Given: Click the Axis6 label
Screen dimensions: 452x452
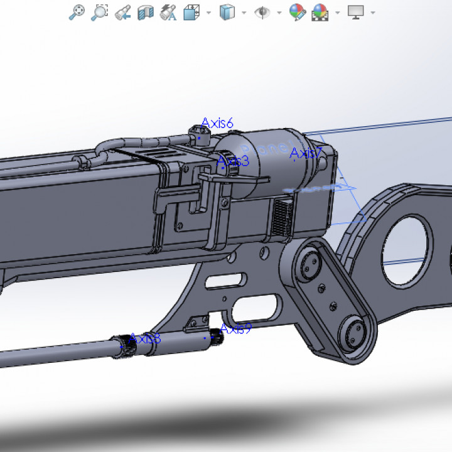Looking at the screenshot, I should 217,124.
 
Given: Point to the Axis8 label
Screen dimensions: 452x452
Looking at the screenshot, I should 145,339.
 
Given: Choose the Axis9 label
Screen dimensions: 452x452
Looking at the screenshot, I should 235,328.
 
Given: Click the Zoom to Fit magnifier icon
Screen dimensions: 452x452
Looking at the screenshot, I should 77,12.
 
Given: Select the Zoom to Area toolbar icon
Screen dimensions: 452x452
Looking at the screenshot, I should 99,12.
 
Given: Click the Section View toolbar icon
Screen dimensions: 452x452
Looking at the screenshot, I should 146,12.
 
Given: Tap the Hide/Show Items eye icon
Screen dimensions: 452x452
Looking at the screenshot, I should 262,12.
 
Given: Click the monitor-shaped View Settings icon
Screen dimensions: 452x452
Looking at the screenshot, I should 356,12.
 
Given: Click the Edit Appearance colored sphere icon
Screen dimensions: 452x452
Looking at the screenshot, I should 297,12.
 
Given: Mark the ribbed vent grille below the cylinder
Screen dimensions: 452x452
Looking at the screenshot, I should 282,217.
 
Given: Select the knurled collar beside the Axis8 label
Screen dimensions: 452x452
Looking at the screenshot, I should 128,345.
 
